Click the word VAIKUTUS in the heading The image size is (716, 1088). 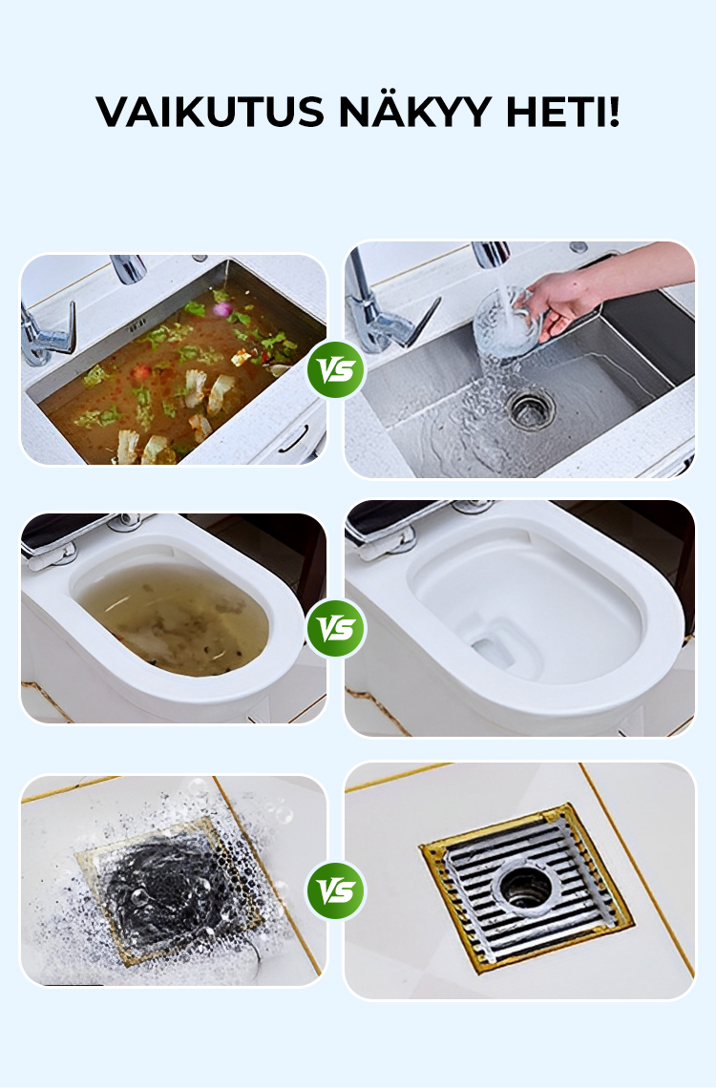[209, 112]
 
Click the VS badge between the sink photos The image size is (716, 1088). [336, 369]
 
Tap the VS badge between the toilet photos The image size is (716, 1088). [336, 628]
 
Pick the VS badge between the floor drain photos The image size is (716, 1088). [336, 890]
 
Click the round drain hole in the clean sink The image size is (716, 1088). [531, 408]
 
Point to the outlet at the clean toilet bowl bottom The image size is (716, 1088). [495, 650]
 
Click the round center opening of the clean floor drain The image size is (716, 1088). [526, 884]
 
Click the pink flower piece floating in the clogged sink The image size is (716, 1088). [221, 309]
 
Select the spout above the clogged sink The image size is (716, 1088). [129, 268]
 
